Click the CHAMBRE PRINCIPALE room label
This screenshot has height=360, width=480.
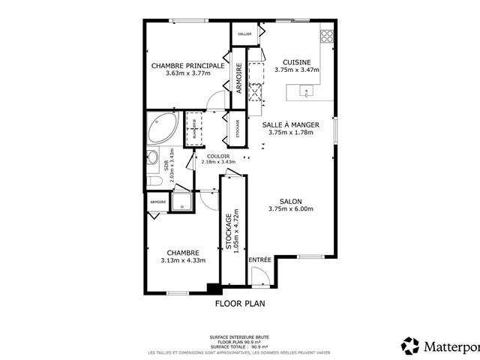point(187,66)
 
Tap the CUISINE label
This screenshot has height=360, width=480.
point(296,61)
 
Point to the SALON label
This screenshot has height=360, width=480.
point(290,201)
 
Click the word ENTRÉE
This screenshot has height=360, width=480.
point(260,259)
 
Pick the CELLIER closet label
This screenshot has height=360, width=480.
point(244,34)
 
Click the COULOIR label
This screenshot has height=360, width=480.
point(218,155)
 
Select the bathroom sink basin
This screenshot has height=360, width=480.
point(152,158)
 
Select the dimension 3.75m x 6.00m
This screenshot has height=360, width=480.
point(290,209)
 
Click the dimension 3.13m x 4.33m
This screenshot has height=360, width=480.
point(182,260)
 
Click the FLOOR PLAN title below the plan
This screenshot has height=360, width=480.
point(240,304)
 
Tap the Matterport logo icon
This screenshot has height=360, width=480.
point(410,346)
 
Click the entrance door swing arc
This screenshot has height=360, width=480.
point(259,279)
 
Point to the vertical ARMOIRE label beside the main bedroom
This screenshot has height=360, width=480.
point(239,77)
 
